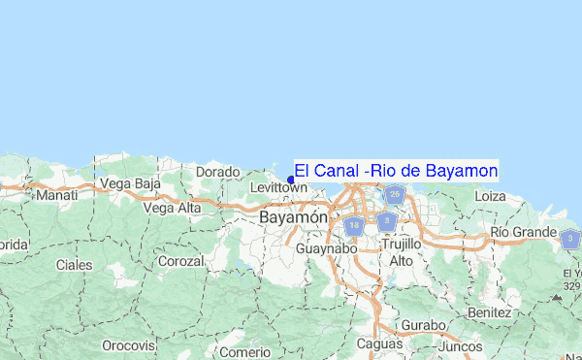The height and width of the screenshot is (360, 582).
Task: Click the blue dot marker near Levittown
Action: coord(291,180)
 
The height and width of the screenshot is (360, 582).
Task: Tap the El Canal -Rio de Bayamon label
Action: coord(396,171)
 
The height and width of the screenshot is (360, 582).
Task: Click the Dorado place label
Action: coord(217,172)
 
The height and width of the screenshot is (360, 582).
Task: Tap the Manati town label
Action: coord(56,195)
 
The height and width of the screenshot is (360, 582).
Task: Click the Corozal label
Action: coord(181,261)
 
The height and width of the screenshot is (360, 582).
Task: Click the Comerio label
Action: coord(244,350)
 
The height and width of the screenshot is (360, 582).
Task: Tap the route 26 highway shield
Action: coord(394,195)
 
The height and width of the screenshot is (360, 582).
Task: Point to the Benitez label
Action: coord(488,312)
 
